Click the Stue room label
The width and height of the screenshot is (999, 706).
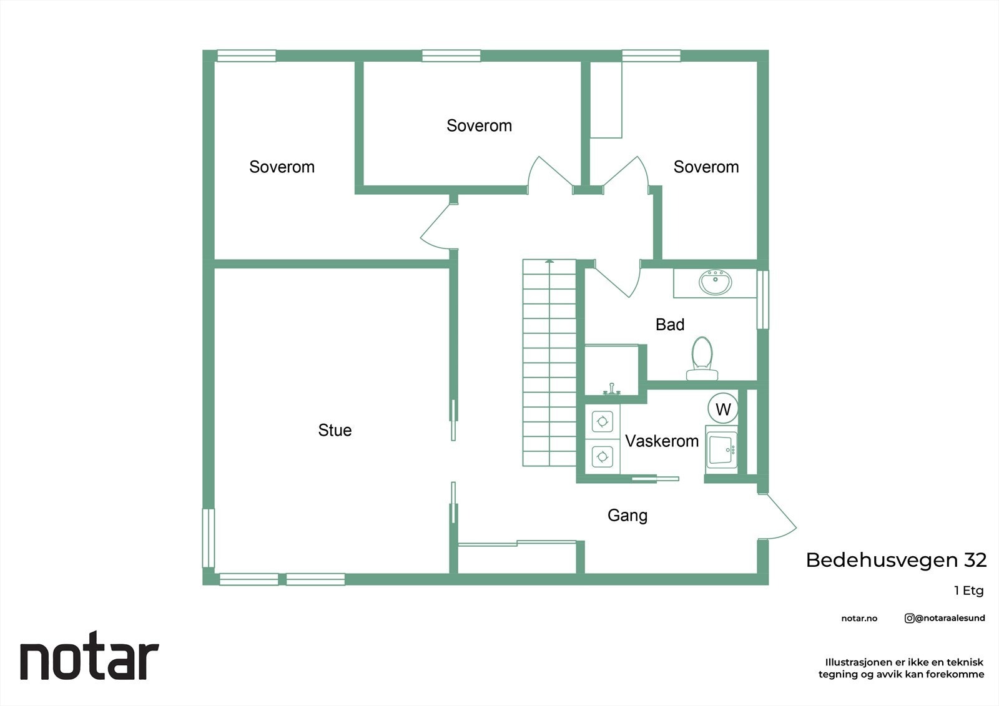335,430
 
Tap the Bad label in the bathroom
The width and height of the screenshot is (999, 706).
670,324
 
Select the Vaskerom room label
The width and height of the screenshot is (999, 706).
662,441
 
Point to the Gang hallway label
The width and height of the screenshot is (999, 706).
627,516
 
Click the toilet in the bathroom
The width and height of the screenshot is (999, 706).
702,358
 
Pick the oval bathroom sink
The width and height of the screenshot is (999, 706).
716,282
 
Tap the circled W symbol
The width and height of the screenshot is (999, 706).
723,408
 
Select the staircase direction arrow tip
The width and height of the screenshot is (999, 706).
549,260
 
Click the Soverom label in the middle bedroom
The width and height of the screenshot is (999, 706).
479,125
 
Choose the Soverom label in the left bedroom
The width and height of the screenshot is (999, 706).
282,167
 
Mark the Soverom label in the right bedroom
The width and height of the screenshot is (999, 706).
706,167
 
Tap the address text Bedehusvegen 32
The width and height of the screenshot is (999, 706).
896,560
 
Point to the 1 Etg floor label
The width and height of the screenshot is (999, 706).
968,591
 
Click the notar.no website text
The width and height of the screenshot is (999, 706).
859,618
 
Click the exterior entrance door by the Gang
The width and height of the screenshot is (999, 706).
777,516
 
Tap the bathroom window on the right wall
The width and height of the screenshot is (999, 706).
762,300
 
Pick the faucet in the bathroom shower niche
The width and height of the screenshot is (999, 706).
612,390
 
